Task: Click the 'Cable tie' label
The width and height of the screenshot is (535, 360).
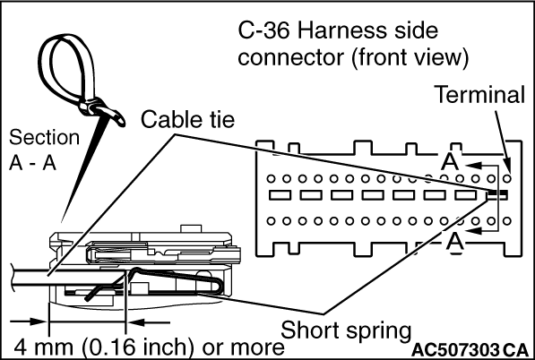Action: (187, 120)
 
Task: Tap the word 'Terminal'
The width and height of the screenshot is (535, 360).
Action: (480, 94)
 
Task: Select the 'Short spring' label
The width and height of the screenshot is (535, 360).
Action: (346, 330)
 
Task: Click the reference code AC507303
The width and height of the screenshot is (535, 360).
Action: (455, 349)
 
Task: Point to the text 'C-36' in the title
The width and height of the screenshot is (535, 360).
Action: (264, 30)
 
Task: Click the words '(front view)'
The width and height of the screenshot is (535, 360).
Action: (410, 57)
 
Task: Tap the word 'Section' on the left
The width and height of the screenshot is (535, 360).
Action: (44, 137)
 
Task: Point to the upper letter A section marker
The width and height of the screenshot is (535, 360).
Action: (450, 161)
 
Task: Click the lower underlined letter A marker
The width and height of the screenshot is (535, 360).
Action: (455, 243)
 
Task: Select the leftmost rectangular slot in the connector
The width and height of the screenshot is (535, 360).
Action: (280, 195)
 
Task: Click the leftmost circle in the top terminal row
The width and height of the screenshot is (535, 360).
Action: (271, 178)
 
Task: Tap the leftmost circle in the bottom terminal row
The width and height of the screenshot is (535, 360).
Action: (271, 221)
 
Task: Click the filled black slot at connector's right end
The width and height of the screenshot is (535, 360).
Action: (497, 194)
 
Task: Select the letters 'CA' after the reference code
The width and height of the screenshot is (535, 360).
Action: (515, 349)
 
